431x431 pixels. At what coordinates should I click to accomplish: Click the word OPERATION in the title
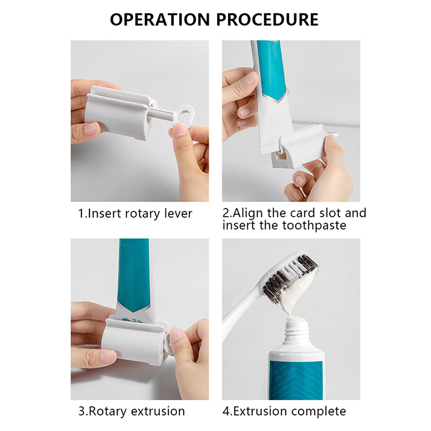(159, 19)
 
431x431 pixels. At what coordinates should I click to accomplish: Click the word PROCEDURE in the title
(267, 19)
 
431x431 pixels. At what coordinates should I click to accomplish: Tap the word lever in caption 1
(178, 213)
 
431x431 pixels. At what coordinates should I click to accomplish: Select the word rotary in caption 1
(142, 214)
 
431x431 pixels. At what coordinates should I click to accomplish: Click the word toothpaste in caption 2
(314, 226)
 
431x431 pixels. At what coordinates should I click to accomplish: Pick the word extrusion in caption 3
(158, 412)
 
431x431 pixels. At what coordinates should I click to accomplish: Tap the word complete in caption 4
(318, 412)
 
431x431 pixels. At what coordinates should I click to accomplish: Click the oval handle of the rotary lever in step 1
(184, 115)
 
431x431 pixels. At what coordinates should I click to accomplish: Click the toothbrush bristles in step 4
(290, 276)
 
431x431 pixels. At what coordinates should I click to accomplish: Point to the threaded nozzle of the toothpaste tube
(297, 331)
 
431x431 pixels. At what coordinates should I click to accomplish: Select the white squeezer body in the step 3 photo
(133, 341)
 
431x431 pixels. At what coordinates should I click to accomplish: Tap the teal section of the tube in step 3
(134, 275)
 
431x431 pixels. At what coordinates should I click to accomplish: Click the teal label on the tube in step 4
(295, 380)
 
